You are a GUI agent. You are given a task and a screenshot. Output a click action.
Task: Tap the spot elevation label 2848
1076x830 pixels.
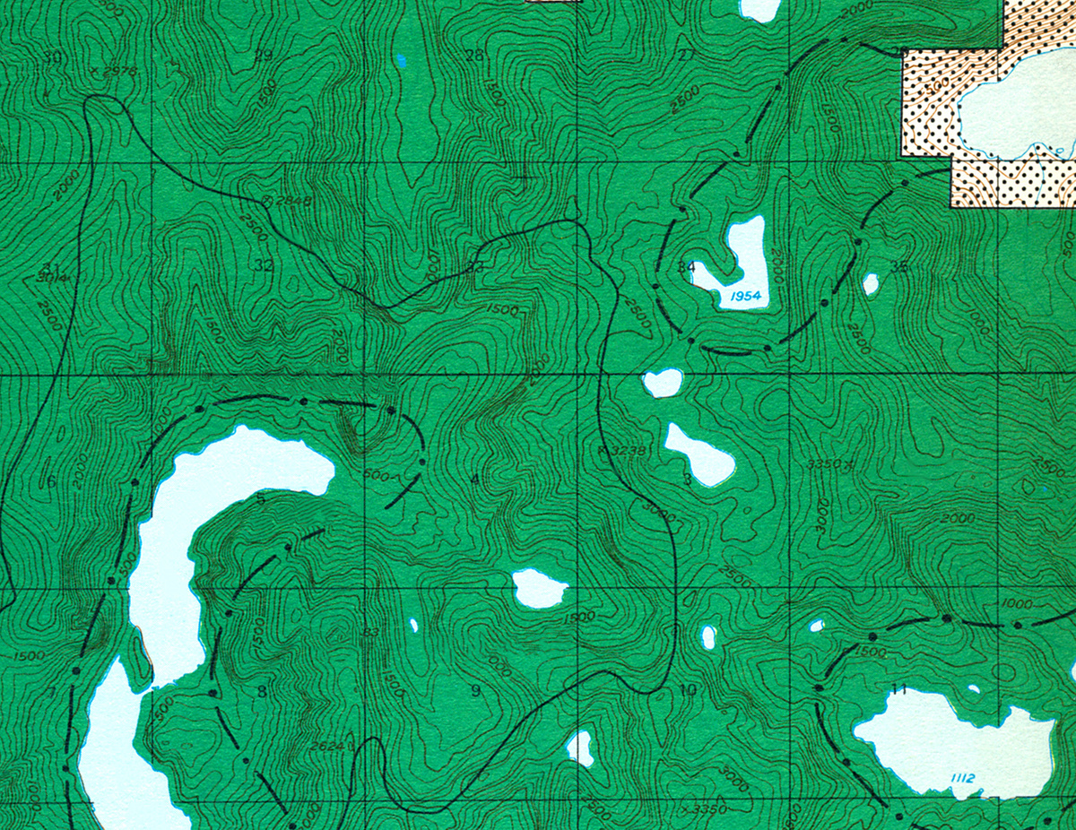pos(292,201)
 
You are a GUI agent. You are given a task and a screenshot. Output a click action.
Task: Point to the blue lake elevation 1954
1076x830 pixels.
pos(745,296)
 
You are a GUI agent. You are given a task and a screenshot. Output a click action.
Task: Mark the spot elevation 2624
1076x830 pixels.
pos(327,745)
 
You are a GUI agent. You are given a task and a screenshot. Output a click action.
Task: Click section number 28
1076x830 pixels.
pos(474,56)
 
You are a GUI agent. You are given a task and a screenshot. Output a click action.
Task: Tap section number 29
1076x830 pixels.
pos(263,56)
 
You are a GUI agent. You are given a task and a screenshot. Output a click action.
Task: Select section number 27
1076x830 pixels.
pos(687,56)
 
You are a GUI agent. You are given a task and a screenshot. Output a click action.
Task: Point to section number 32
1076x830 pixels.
pos(263,265)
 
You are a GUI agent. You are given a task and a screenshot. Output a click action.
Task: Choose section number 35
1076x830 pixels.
pos(899,266)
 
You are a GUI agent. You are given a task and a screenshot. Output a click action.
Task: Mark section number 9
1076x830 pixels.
pos(475,690)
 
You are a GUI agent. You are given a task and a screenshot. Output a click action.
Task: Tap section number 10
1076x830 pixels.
pos(688,690)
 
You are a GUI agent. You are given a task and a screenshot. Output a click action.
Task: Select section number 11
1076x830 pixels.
pos(900,690)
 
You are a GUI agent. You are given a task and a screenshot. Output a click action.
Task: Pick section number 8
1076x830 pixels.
pos(262,691)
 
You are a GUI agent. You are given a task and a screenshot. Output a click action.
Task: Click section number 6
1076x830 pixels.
pos(51,481)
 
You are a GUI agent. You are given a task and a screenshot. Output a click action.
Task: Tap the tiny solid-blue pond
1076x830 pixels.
pos(401,60)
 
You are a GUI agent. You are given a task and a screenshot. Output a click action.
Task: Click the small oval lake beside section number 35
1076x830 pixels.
pos(870,284)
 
